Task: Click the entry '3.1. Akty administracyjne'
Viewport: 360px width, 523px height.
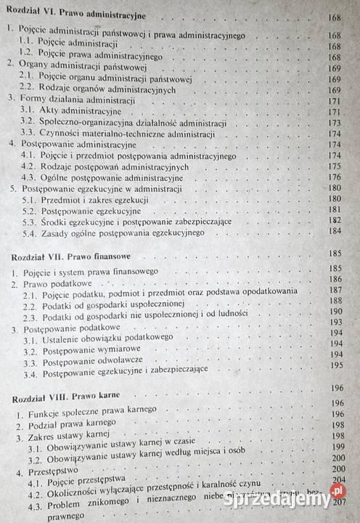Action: [73, 112]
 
